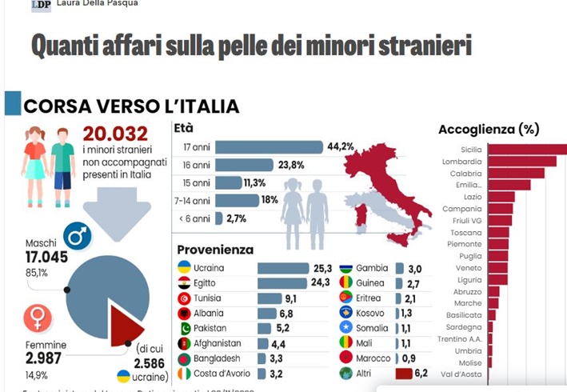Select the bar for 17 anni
click(x=269, y=146)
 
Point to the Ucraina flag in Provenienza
click(x=184, y=267)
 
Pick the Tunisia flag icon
click(x=184, y=298)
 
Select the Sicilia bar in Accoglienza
click(x=526, y=150)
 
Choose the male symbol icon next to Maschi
click(x=78, y=237)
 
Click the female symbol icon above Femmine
click(x=36, y=318)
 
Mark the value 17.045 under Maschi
click(x=48, y=256)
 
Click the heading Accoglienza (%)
click(x=489, y=129)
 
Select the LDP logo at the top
click(x=41, y=5)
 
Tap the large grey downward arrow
click(x=115, y=213)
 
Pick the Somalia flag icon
click(x=345, y=328)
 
